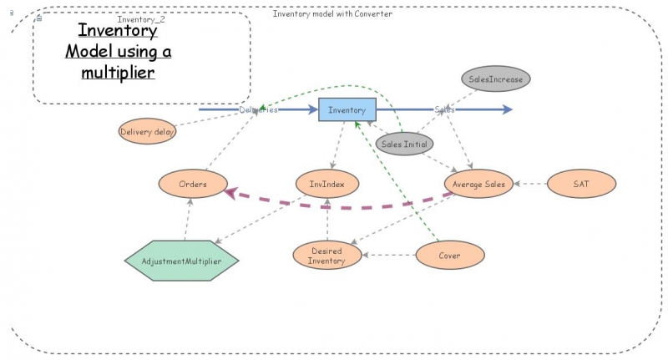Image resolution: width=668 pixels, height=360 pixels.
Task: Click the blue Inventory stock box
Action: [x=347, y=109]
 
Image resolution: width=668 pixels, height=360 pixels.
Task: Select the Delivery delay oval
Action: [x=148, y=131]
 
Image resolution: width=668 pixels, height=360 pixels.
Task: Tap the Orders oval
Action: [x=193, y=184]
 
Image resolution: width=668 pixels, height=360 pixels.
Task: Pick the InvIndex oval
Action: [x=327, y=184]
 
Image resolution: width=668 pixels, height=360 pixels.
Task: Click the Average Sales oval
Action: [x=478, y=184]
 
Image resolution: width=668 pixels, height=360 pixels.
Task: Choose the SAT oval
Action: [x=581, y=184]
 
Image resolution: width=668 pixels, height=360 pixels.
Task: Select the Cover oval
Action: [x=449, y=255]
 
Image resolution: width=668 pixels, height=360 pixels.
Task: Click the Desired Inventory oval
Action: [x=326, y=256]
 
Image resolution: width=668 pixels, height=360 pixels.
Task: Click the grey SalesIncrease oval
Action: [x=496, y=79]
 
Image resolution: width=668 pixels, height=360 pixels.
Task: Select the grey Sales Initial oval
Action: [x=404, y=144]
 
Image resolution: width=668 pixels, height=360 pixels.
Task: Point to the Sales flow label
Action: [x=444, y=109]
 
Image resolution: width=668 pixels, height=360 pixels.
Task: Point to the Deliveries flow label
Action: [x=258, y=109]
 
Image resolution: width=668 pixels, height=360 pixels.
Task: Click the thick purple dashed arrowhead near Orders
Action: [x=231, y=193]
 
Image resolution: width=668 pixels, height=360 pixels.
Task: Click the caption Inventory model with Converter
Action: [x=332, y=13]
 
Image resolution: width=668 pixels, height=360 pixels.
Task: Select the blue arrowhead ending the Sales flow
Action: [x=507, y=109]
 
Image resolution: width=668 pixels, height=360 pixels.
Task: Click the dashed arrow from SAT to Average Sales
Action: [x=531, y=184]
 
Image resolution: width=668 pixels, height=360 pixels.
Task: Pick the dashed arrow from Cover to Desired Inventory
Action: [x=388, y=255]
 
